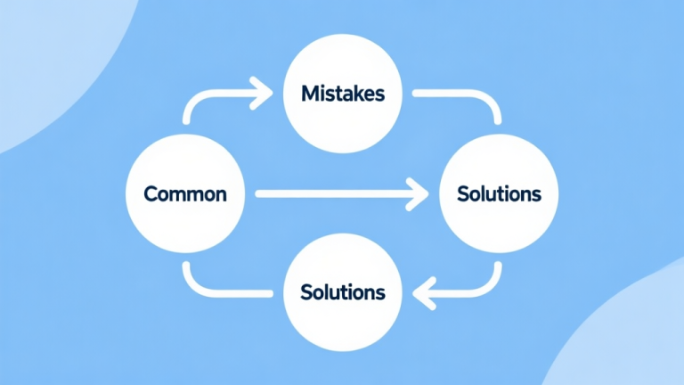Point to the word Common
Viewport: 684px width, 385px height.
click(x=185, y=193)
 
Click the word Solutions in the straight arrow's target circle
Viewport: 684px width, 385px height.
click(x=498, y=193)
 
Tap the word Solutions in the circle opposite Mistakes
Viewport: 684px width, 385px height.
click(x=343, y=291)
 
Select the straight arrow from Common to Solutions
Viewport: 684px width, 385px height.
click(x=330, y=192)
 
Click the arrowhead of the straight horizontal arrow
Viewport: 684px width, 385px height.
click(x=417, y=192)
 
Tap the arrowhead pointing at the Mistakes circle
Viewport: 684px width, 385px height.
click(x=264, y=91)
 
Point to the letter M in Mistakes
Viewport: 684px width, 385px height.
click(x=308, y=93)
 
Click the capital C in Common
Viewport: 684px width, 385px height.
click(x=151, y=193)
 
